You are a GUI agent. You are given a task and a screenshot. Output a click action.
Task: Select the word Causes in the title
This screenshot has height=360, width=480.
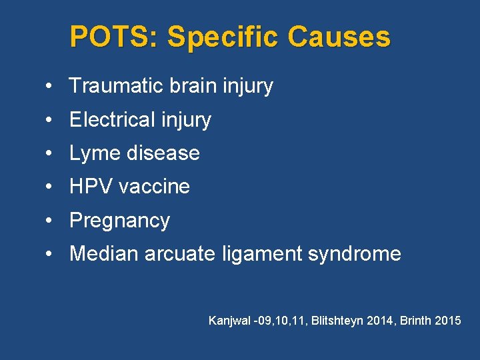[x=339, y=37]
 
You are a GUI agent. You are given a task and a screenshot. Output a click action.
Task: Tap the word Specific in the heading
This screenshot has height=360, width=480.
[x=224, y=37]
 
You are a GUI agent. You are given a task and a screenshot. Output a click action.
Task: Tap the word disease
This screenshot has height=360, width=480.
[x=162, y=153]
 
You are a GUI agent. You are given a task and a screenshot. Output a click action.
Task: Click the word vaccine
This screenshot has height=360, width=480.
[x=155, y=187]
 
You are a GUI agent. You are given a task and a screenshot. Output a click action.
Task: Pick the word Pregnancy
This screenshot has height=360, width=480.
[x=119, y=221]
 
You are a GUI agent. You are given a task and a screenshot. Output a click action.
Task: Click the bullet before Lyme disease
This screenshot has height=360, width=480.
[x=50, y=154]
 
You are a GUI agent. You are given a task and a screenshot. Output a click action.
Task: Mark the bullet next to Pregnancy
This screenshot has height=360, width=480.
[x=50, y=221]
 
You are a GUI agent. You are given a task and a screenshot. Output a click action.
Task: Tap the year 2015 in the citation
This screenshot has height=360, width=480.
[x=447, y=321]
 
